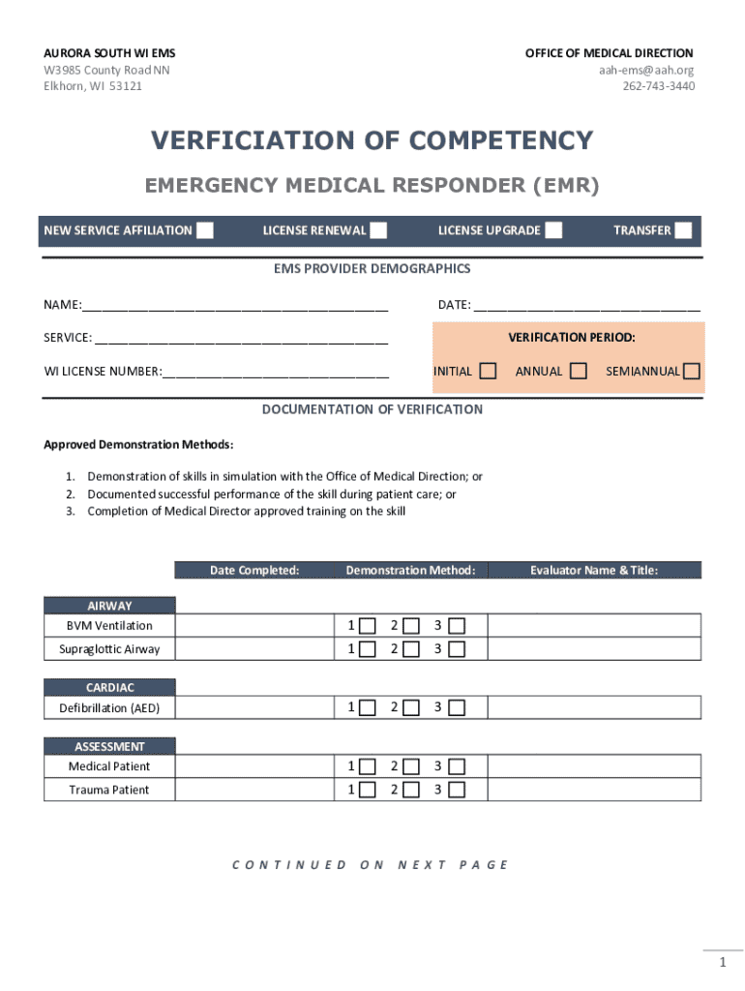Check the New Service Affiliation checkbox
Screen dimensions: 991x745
(205, 230)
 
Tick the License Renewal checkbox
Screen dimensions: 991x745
(378, 230)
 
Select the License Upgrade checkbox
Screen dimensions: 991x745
(553, 230)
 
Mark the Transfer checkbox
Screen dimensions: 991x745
(683, 230)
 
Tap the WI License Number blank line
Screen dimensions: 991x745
(276, 371)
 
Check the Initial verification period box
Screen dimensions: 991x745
(489, 371)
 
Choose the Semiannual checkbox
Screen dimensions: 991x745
(691, 371)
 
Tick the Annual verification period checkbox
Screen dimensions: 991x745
(579, 371)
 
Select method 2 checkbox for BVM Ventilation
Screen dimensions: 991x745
(412, 625)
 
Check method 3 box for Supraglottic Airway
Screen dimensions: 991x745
(457, 648)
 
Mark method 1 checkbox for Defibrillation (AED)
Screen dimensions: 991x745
(367, 707)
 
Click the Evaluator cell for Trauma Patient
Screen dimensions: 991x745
(593, 790)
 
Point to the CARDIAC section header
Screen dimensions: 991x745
(109, 688)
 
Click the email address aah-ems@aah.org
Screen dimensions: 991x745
(645, 70)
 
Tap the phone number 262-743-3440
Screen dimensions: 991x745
(658, 86)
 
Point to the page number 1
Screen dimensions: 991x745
(722, 963)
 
